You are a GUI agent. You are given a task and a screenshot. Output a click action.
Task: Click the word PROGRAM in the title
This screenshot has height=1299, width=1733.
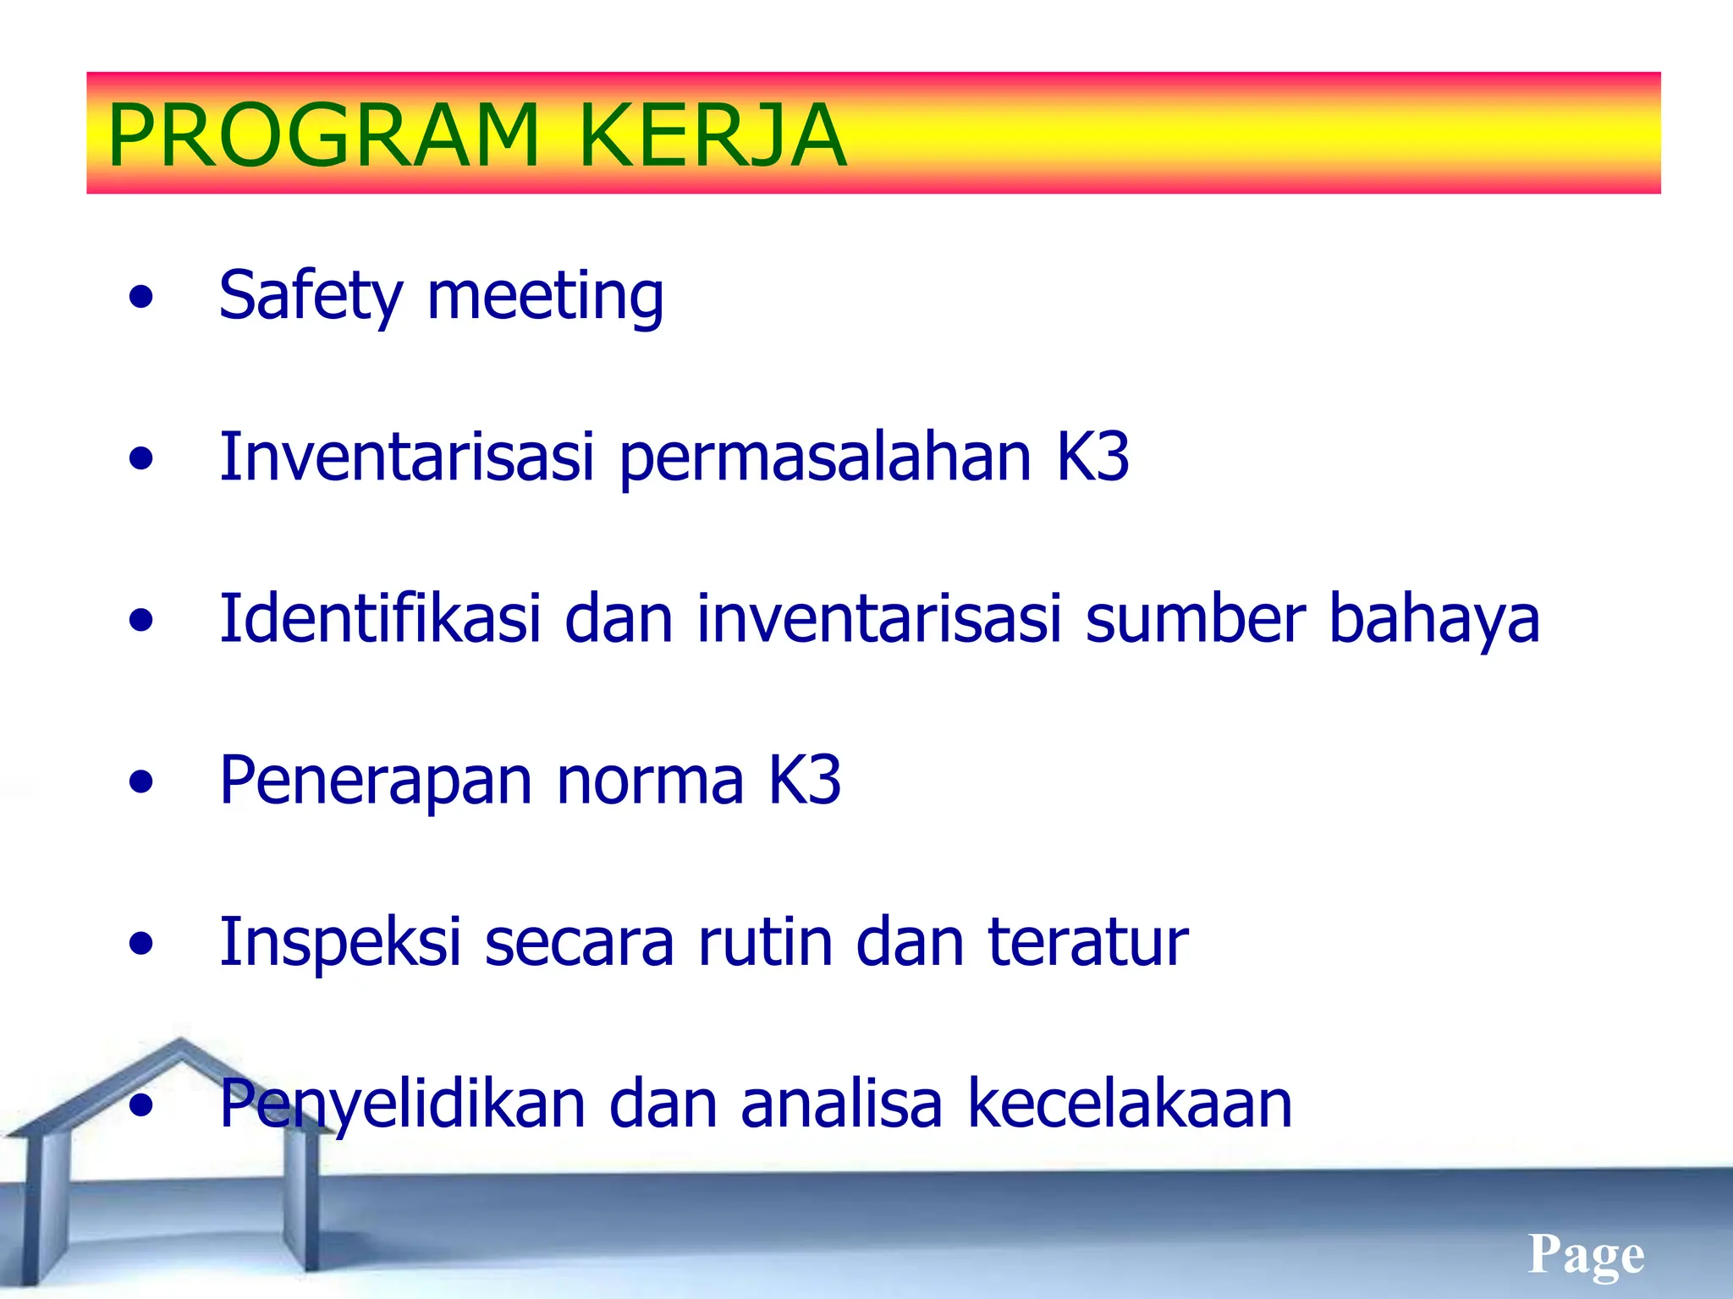323,135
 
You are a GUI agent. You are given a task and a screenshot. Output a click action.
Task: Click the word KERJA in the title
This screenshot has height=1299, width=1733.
712,135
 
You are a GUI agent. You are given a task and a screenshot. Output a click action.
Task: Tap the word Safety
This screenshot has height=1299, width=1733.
311,296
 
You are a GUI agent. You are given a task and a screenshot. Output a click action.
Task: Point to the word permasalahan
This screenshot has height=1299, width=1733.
825,458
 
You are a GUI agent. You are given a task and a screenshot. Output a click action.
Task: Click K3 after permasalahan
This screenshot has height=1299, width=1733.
1092,457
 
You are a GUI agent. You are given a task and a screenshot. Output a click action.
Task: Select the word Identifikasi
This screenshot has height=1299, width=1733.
379,618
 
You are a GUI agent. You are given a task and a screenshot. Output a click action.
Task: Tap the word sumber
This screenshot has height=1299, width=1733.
1195,618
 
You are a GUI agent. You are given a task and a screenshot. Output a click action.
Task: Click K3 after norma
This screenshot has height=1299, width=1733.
804,780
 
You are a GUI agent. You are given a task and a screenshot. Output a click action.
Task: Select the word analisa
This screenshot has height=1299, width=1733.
841,1104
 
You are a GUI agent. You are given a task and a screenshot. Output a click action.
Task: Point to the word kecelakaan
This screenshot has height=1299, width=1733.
1130,1104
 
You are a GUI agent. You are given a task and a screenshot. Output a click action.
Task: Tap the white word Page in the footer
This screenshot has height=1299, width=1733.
1586,1254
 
